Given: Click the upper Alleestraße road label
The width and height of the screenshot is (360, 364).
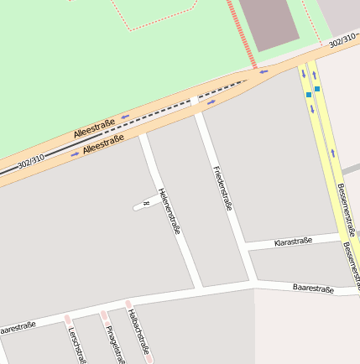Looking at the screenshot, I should click(x=94, y=128).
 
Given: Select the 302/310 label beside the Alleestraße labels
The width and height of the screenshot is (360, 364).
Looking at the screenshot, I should click(x=29, y=159).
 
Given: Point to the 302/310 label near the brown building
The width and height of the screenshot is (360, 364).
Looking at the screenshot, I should click(x=343, y=40).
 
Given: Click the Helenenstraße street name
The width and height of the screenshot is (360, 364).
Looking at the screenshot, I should click(x=169, y=211).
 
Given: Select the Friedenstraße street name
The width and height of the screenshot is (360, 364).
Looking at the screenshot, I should click(x=222, y=188).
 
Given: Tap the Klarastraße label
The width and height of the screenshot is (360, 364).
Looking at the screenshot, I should click(x=294, y=242).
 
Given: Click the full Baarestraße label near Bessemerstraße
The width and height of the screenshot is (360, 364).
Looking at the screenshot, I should click(x=313, y=289).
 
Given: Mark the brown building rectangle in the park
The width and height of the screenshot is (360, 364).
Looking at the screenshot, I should click(x=269, y=23).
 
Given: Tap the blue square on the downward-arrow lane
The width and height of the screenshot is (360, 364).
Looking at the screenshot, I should click(x=308, y=95).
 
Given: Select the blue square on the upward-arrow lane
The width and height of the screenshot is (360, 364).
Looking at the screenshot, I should click(x=317, y=88).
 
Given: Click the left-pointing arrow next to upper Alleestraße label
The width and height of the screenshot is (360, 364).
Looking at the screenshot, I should click(x=125, y=117).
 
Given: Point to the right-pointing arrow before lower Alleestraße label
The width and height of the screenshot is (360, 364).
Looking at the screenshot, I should click(x=75, y=153).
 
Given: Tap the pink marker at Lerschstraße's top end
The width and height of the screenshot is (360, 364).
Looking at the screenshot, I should click(x=67, y=319).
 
